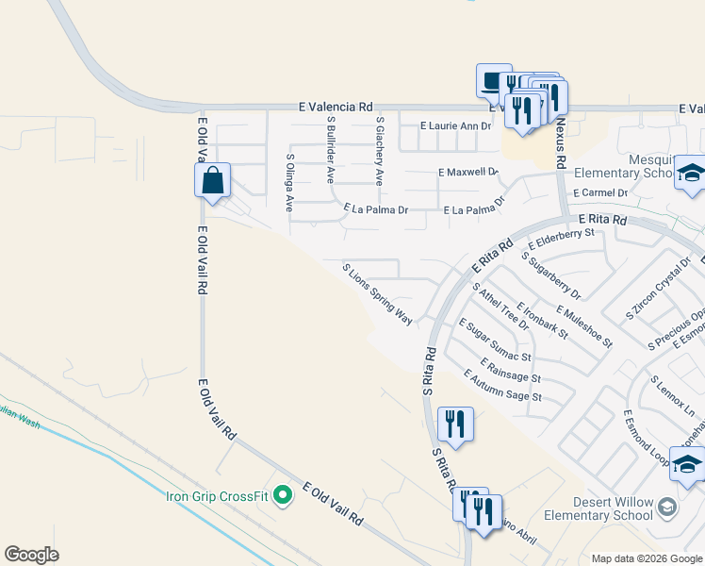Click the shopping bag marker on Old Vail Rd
[x=213, y=180]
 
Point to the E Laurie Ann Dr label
[x=456, y=125]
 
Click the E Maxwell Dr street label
[x=467, y=172]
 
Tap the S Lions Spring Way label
[x=377, y=294]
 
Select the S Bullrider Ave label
[x=330, y=149]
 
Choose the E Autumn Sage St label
[x=502, y=385]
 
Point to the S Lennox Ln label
[x=677, y=396]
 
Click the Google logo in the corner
[x=32, y=554]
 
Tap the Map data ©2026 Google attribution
[x=646, y=558]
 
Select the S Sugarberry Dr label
[x=550, y=275]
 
